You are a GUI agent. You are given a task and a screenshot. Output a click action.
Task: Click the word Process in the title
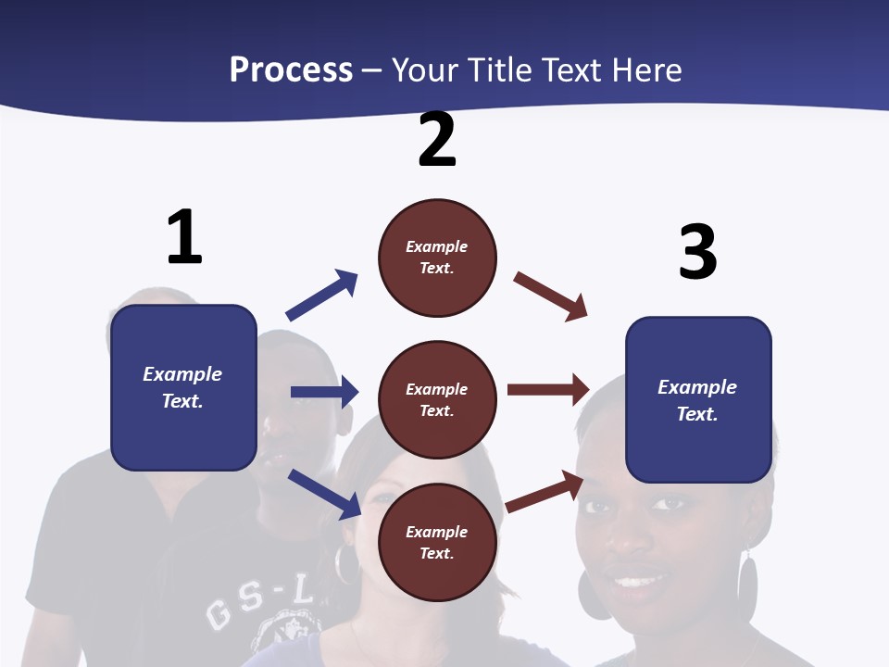pyautogui.click(x=291, y=69)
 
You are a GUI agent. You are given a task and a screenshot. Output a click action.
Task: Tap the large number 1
pyautogui.click(x=184, y=237)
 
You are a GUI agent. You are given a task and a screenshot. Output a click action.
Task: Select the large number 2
pyautogui.click(x=437, y=140)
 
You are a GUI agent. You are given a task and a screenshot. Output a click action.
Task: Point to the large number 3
pyautogui.click(x=697, y=252)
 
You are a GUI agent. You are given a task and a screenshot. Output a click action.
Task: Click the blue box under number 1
pyautogui.click(x=183, y=387)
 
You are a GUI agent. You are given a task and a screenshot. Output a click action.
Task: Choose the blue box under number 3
pyautogui.click(x=698, y=399)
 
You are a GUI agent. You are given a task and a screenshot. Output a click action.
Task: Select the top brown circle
pyautogui.click(x=437, y=258)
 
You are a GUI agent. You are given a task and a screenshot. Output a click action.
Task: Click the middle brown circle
pyautogui.click(x=437, y=399)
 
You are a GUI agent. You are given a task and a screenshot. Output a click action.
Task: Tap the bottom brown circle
pyautogui.click(x=437, y=542)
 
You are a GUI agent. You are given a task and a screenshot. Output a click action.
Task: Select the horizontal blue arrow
pyautogui.click(x=324, y=392)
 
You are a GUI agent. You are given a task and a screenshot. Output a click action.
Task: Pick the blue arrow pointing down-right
pyautogui.click(x=324, y=493)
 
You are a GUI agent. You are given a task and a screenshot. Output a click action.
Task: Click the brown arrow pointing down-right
pyautogui.click(x=551, y=296)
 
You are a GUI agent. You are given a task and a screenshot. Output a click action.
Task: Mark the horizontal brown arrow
pyautogui.click(x=548, y=390)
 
